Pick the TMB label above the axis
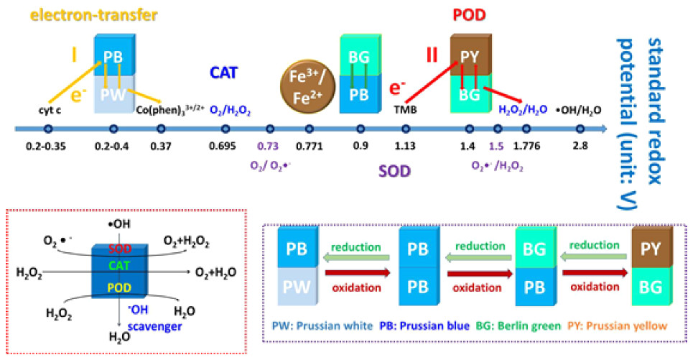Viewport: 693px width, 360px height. [405, 111]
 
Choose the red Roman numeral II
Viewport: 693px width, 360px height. [432, 55]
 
